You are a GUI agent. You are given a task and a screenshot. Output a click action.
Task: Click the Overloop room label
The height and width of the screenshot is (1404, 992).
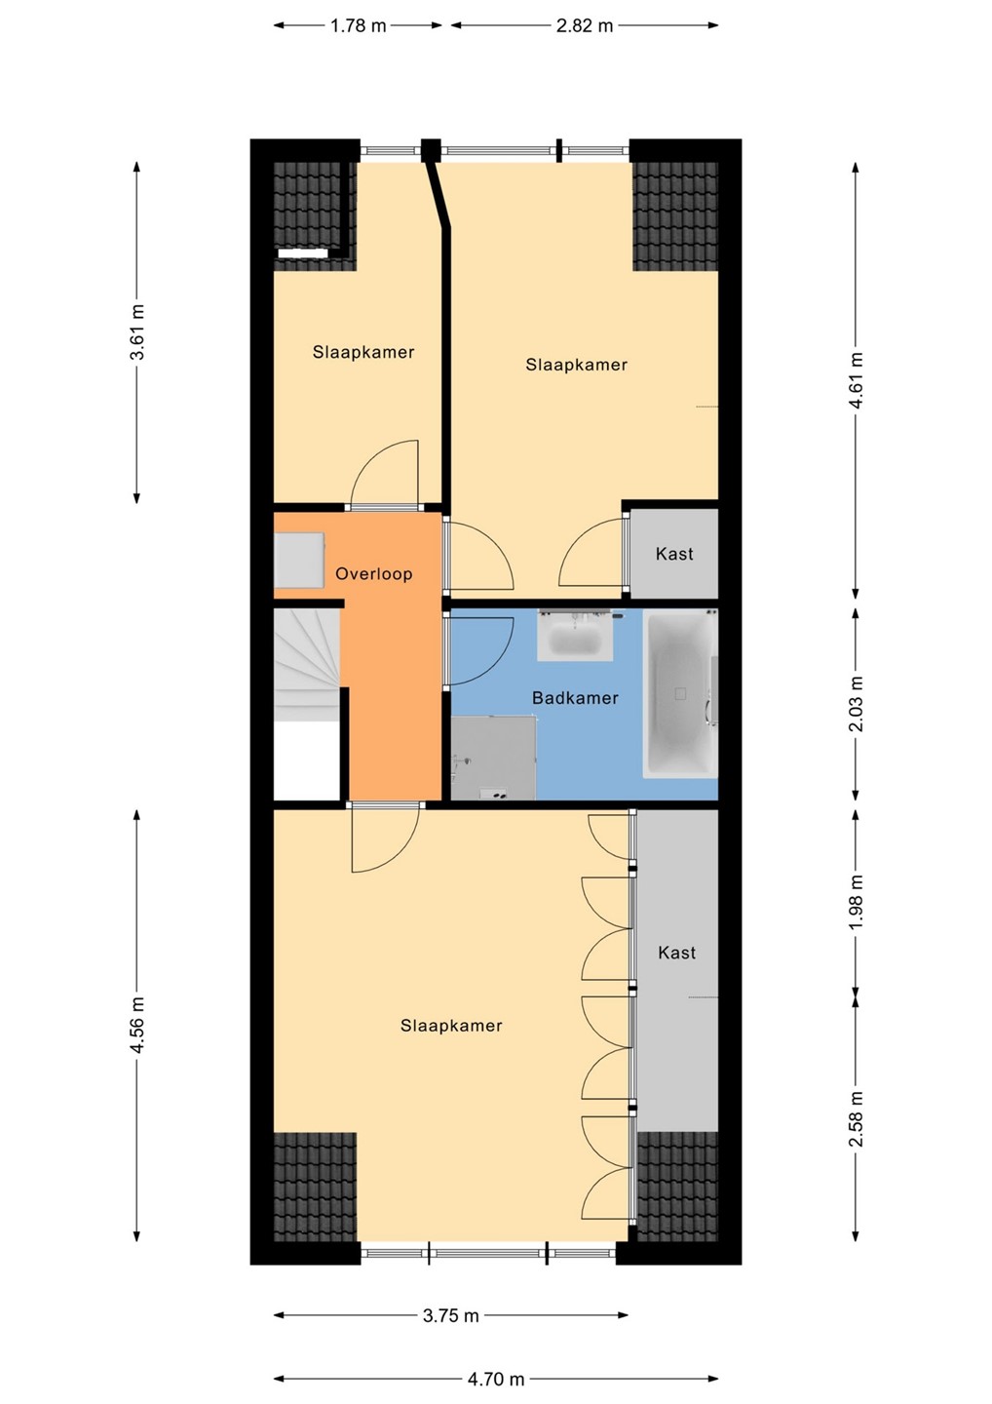[373, 573]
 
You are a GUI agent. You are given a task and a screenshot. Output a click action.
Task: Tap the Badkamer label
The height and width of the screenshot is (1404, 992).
[575, 698]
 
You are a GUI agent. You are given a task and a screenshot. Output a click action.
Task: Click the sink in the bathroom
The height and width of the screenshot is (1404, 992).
[575, 636]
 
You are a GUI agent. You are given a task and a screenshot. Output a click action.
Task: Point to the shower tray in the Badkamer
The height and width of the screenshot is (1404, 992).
[493, 758]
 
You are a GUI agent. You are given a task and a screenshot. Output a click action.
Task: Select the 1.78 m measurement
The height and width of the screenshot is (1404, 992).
[358, 25]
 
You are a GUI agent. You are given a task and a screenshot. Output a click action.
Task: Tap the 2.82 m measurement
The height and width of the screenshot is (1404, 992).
[585, 25]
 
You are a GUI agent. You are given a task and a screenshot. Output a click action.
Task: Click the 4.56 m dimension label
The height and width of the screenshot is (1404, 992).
[137, 1025]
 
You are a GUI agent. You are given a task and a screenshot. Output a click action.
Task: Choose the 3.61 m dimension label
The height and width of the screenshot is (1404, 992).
[137, 332]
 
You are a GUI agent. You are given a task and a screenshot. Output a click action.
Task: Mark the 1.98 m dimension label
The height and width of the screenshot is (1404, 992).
[857, 903]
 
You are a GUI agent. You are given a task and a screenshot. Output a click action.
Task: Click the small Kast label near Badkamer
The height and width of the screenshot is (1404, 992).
[674, 554]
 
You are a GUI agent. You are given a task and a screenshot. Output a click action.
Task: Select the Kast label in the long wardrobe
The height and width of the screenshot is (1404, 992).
[677, 954]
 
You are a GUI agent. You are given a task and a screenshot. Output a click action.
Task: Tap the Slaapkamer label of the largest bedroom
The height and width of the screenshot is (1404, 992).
[451, 1026]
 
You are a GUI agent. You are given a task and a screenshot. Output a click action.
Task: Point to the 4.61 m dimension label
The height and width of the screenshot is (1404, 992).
[857, 380]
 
